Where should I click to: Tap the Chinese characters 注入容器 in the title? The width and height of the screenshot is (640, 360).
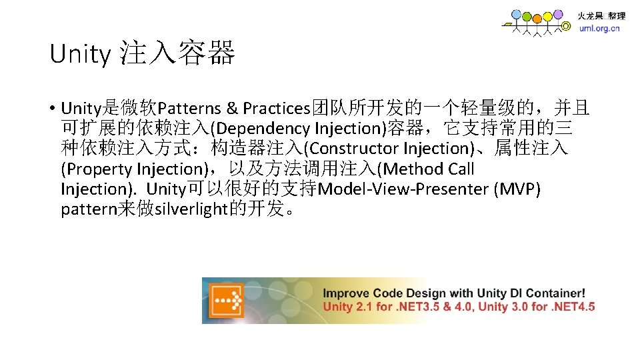click(x=178, y=53)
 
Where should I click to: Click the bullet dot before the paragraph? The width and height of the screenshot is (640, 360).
click(x=51, y=108)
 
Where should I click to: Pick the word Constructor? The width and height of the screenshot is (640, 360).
click(x=354, y=148)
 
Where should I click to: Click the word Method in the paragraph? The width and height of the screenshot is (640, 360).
click(x=413, y=169)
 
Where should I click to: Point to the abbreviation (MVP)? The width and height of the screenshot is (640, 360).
click(x=517, y=189)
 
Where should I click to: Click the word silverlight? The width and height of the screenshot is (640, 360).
click(x=190, y=209)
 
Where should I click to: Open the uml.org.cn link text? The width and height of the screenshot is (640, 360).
click(x=598, y=29)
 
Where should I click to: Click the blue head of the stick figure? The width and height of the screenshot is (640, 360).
click(x=516, y=15)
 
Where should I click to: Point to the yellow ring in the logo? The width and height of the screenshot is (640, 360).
click(x=566, y=27)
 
